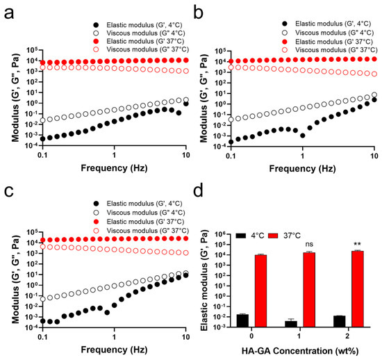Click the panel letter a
click(9, 14)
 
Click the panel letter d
click(198, 191)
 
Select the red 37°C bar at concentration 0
click(260, 291)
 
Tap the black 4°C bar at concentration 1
click(291, 324)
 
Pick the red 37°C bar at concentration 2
click(358, 288)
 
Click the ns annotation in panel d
click(309, 244)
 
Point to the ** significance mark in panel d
click(358, 244)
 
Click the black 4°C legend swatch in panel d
click(241, 236)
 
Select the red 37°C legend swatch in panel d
click(273, 236)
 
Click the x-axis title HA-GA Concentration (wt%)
click(300, 351)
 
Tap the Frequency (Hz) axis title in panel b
click(302, 169)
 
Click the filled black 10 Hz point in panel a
click(186, 104)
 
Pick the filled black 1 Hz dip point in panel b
click(303, 136)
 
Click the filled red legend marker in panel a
click(96, 41)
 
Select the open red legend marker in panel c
click(97, 231)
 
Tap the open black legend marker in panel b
click(284, 33)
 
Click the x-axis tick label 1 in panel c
click(114, 337)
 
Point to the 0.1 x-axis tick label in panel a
click(42, 155)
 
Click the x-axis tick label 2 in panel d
click(347, 336)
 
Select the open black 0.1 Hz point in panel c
click(42, 299)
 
